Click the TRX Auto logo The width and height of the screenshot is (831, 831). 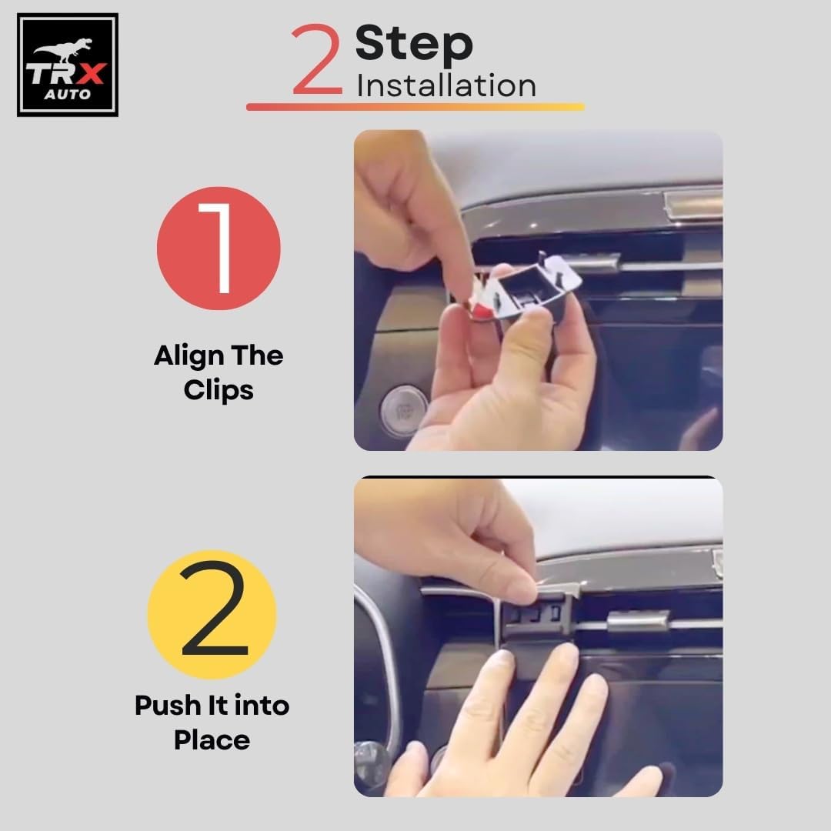coord(67,65)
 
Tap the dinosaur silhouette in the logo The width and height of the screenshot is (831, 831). coord(64,49)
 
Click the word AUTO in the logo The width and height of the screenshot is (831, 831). coord(67,95)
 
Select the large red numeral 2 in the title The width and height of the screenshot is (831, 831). coord(316,58)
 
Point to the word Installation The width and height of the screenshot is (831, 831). coord(446,86)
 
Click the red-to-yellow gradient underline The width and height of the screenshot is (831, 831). coord(415,107)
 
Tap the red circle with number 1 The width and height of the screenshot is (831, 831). coord(219,248)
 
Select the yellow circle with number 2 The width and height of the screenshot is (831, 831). coord(212,614)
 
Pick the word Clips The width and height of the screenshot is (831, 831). coord(219,391)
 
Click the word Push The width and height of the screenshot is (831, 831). coord(168,706)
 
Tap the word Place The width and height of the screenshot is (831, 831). coord(212,740)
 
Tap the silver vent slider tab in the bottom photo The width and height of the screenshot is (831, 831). coord(637,621)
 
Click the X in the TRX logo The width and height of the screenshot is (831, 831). coord(91,74)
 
